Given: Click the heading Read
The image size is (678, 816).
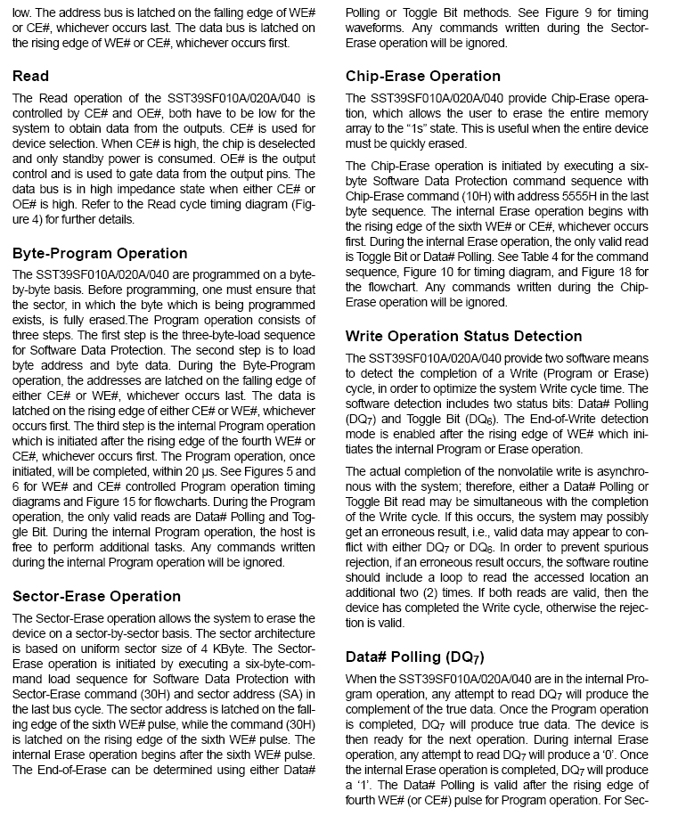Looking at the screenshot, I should [x=31, y=76].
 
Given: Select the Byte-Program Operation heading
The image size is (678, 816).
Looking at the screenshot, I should [x=100, y=253].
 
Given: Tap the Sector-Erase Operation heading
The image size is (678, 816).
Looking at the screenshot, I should [x=96, y=596].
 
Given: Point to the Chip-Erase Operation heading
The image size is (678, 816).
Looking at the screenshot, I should [x=423, y=76].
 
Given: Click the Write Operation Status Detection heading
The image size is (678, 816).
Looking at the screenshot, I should [x=463, y=336].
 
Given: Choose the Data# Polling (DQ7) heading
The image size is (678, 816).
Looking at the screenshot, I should [x=414, y=657].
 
